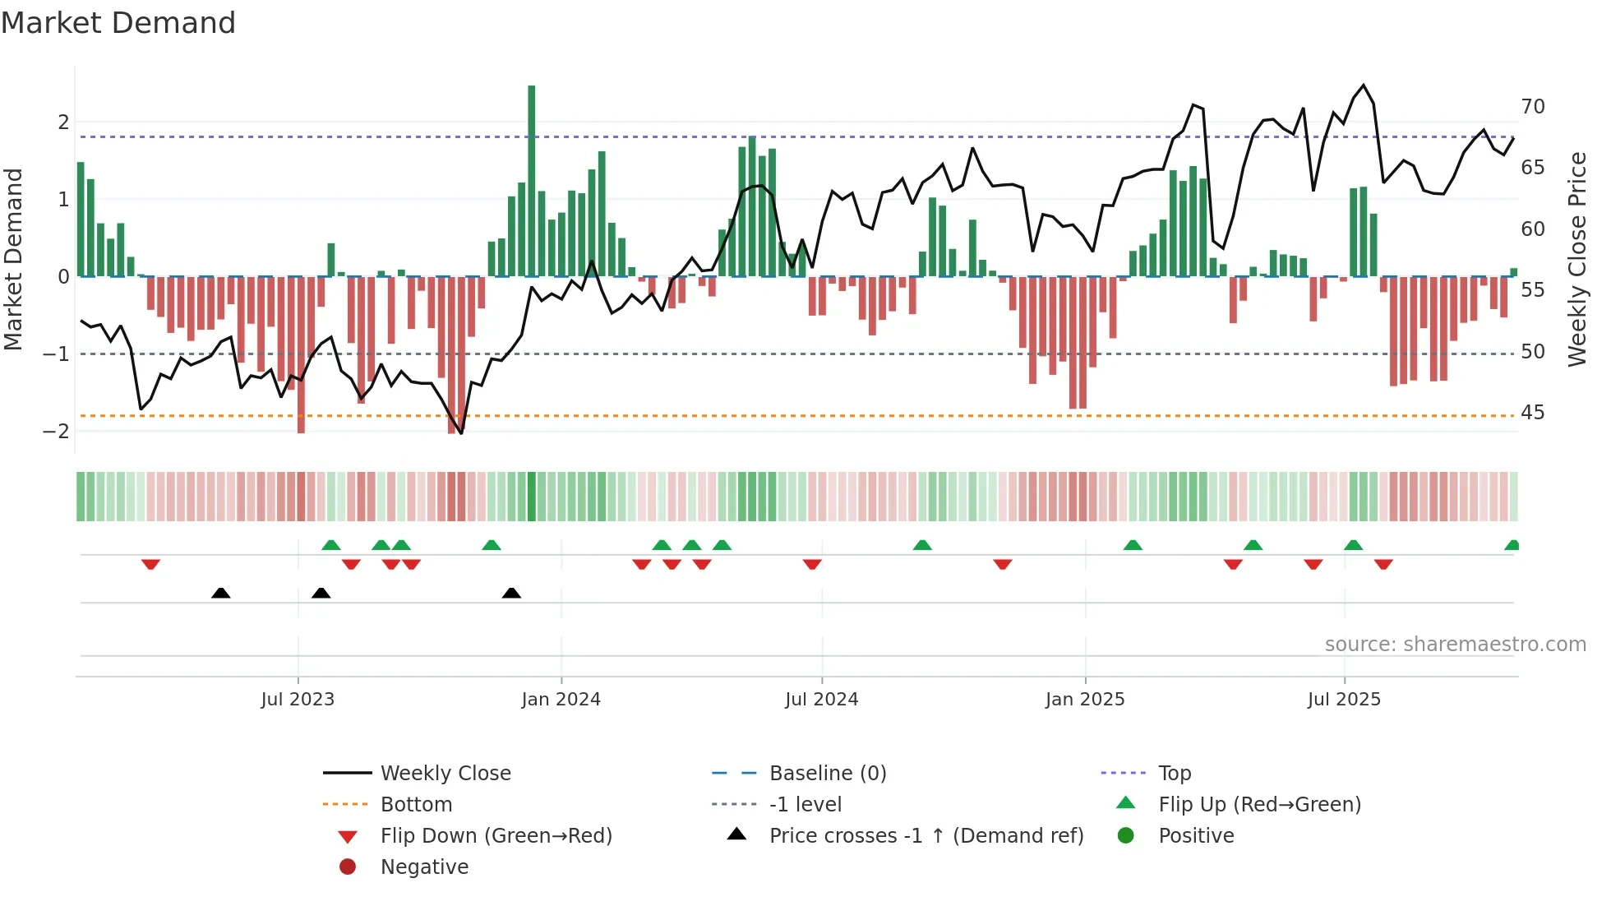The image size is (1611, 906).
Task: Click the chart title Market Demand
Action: tap(118, 23)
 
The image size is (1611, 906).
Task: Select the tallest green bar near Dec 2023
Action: tap(532, 181)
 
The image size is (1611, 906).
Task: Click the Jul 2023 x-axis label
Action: tap(298, 700)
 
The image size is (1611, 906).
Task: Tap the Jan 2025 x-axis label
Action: tap(1085, 700)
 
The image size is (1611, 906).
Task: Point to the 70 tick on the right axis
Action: tap(1532, 107)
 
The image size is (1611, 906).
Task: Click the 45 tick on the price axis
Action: tap(1532, 413)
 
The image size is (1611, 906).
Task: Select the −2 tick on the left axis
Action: tap(57, 432)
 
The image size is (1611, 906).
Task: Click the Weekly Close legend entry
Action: tap(445, 774)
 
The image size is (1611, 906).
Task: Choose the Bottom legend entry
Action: tap(416, 805)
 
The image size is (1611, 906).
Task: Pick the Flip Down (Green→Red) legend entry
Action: tap(496, 836)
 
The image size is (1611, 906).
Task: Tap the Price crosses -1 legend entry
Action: tap(926, 836)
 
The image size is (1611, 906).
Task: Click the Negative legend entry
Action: tap(424, 867)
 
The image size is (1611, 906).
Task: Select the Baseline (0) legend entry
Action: tap(827, 774)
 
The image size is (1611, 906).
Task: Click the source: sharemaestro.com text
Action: tap(1455, 645)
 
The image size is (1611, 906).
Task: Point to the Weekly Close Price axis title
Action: tap(1576, 259)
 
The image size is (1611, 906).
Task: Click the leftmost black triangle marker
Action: tap(220, 593)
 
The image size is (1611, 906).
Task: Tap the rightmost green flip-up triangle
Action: tap(1512, 545)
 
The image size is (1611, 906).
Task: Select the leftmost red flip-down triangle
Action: tap(150, 564)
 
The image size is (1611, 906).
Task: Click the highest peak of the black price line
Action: tap(1364, 86)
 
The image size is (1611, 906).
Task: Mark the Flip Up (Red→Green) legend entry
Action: tap(1259, 805)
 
